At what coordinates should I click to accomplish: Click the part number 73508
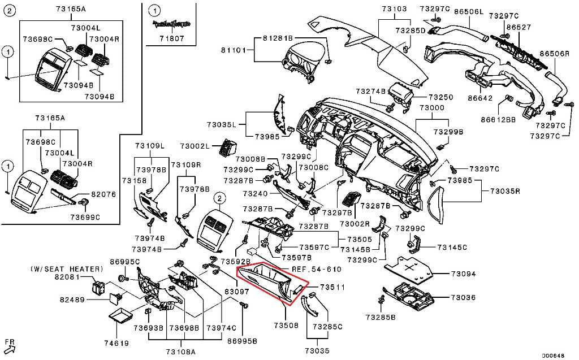tap(286, 326)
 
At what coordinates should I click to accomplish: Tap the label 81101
tap(234, 50)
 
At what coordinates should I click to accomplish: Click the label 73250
tap(441, 97)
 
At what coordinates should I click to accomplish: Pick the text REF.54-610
tap(317, 269)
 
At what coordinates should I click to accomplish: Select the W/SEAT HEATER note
tap(67, 269)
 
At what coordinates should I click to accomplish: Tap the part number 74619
tap(116, 343)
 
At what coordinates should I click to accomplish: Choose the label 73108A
tap(180, 352)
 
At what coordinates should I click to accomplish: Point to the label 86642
tap(480, 98)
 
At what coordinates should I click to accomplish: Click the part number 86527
tap(518, 27)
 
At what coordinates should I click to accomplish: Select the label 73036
tap(463, 297)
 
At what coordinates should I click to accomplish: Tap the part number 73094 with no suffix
tap(463, 274)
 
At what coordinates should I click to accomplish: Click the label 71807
tap(172, 38)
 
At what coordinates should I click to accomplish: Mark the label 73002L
tap(195, 146)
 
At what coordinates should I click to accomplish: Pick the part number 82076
tap(103, 194)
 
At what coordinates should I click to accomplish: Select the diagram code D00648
tap(553, 355)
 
